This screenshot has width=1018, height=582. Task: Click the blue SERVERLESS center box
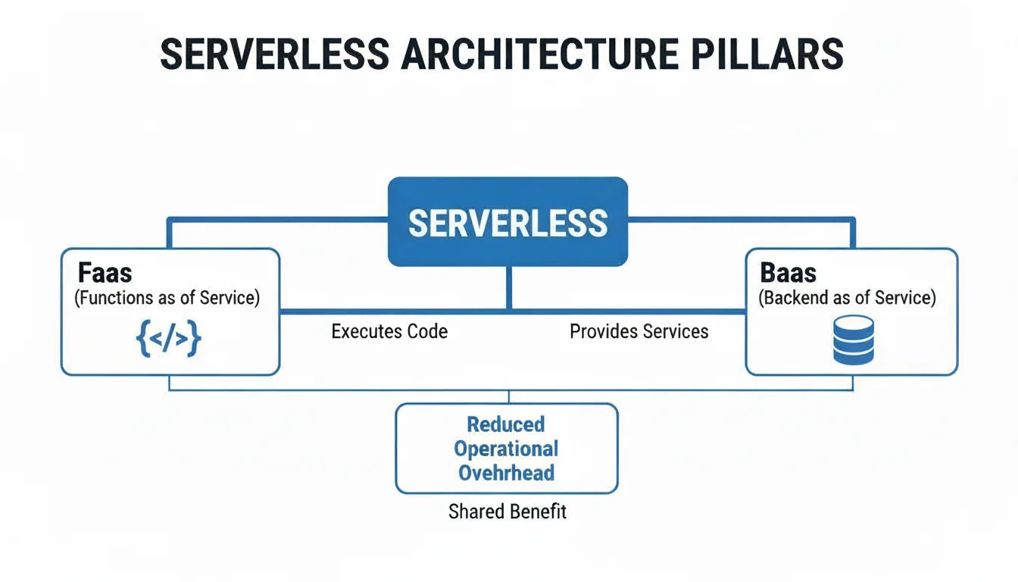(x=507, y=222)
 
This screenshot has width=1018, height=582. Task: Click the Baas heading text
(x=789, y=273)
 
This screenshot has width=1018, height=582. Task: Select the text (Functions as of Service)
(x=167, y=298)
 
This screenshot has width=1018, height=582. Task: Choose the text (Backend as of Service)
(x=847, y=298)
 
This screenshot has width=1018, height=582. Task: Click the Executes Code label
(x=389, y=331)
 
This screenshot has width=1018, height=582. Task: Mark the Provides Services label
(x=639, y=331)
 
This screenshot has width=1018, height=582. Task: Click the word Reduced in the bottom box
(x=505, y=424)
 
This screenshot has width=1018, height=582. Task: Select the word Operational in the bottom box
(x=505, y=449)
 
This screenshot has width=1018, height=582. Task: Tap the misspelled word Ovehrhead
(x=506, y=473)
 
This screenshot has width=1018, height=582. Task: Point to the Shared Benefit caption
(x=507, y=512)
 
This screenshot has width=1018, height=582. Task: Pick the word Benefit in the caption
(x=537, y=512)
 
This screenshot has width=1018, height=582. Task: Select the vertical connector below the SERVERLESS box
(x=508, y=288)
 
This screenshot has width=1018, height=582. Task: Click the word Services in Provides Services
(x=673, y=331)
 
